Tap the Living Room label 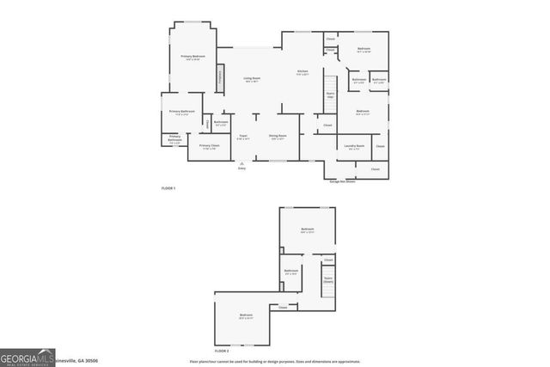point(252,79)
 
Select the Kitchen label point(302,71)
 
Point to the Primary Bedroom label point(191,57)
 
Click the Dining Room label point(278,136)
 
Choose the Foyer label point(243,136)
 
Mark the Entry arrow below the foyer point(241,163)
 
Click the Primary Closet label point(210,146)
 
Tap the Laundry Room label point(355,146)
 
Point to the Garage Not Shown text point(343,181)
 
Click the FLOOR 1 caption point(168,187)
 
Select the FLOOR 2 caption point(222,351)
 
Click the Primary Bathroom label point(181,112)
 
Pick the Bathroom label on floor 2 point(290,272)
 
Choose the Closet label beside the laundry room point(380,146)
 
